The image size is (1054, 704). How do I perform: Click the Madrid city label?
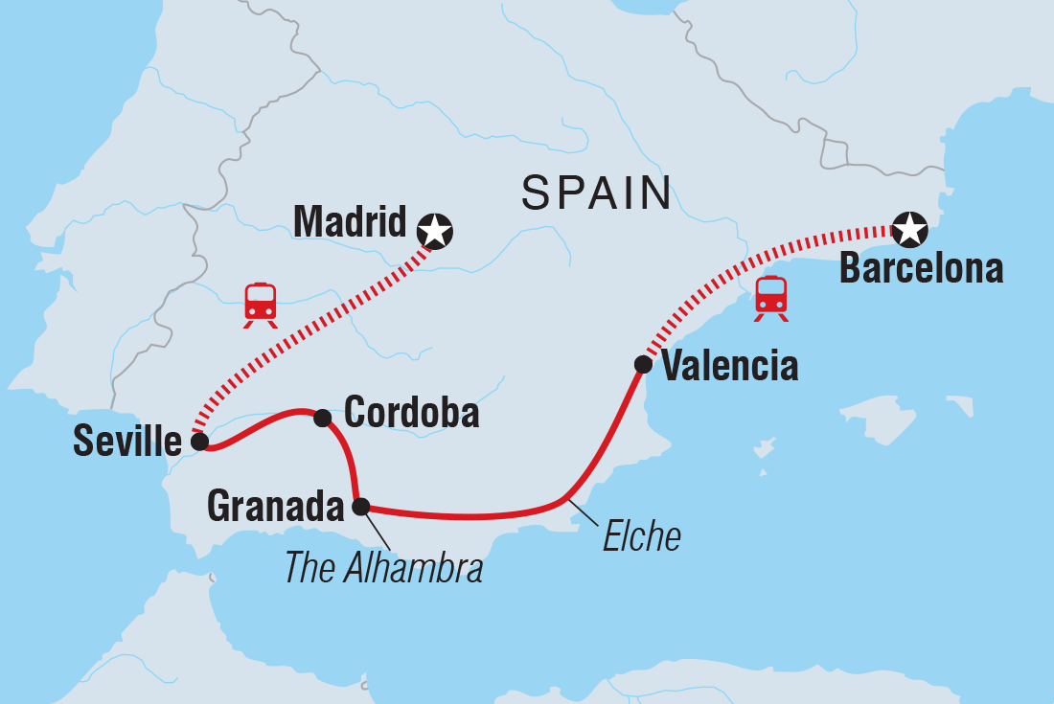[350, 221]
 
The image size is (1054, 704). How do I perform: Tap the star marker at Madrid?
[436, 230]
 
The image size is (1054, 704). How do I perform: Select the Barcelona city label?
[921, 269]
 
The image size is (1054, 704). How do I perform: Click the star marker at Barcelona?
[907, 229]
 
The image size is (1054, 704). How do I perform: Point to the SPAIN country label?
[596, 193]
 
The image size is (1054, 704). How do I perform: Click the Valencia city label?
[729, 366]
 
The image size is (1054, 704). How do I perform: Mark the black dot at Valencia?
[643, 364]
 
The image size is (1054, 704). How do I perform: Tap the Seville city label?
[126, 442]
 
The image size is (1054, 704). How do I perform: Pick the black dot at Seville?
[198, 442]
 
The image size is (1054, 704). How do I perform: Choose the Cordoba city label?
[411, 413]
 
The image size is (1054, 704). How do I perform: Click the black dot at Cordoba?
[323, 418]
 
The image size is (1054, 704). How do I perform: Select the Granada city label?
[275, 507]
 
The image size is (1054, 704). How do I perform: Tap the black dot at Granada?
[360, 506]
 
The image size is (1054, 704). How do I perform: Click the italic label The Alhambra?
[383, 567]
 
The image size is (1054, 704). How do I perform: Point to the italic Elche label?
[641, 537]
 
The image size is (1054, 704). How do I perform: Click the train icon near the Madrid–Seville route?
[261, 305]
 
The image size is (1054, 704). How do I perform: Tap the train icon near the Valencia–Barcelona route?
[771, 298]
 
